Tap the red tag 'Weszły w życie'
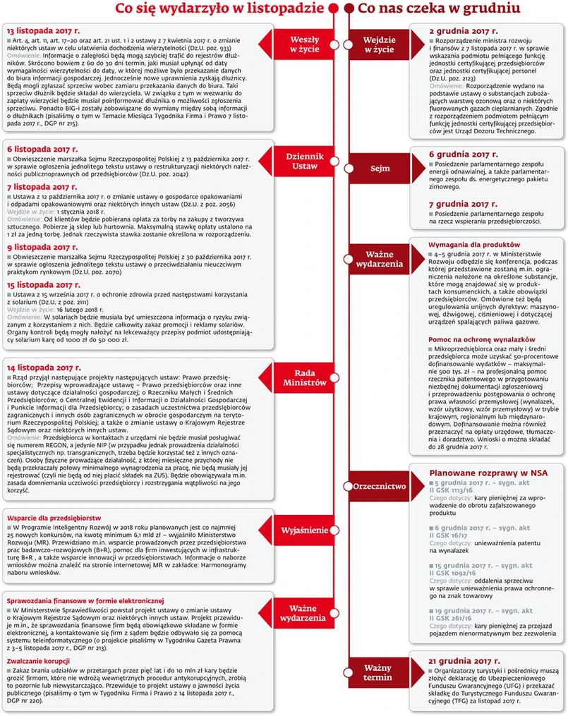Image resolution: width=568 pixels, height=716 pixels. (x=306, y=45)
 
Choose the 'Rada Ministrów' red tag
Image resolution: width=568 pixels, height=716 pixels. (x=306, y=377)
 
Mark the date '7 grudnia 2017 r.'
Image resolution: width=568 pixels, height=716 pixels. (x=464, y=203)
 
